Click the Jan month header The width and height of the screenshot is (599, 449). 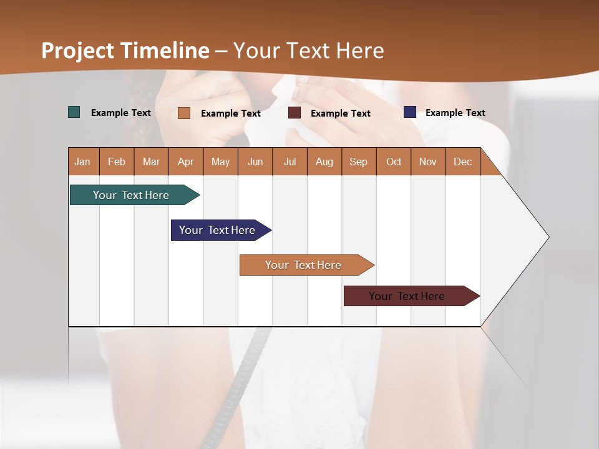point(82,162)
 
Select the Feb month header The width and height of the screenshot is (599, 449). point(117,162)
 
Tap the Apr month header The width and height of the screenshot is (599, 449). point(185,162)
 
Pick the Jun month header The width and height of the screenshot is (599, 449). point(255,162)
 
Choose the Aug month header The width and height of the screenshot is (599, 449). point(324,162)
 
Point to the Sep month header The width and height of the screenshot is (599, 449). point(358,162)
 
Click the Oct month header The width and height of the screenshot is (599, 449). point(394,162)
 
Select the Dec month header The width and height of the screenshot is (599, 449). point(462,162)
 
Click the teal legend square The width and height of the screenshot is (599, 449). point(74,112)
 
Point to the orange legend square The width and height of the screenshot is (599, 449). point(184,113)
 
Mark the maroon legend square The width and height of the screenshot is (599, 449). point(295,113)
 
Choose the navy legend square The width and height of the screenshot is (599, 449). point(410,112)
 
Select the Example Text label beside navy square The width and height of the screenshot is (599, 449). point(455,113)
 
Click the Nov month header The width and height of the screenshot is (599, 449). point(427,162)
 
